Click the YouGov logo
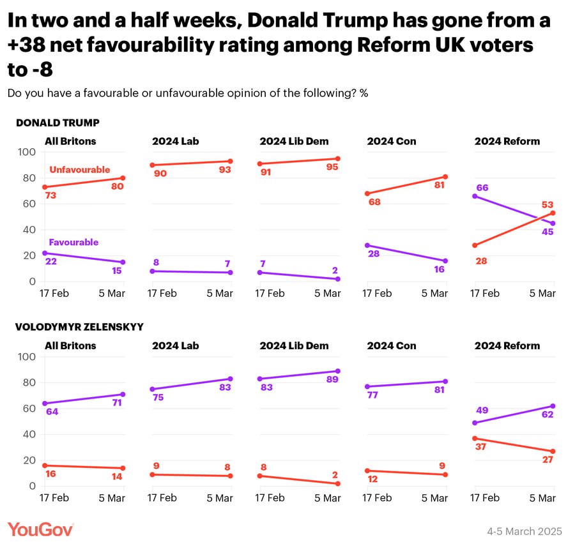pos(41,529)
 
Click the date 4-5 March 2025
pos(524,531)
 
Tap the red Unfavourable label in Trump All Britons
pos(79,170)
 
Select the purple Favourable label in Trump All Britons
pos(73,243)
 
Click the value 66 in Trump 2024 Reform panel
pos(484,187)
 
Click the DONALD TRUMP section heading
pos(57,123)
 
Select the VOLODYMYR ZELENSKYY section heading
pos(79,327)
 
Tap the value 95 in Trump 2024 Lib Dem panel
pos(333,167)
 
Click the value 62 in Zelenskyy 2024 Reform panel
pos(547,414)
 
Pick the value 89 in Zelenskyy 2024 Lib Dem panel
pos(333,380)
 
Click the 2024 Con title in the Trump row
pos(391,141)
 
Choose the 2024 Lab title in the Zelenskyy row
pos(175,345)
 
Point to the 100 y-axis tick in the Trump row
pos(27,152)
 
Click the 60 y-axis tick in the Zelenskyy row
pos(29,409)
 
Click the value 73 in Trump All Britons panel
pos(51,195)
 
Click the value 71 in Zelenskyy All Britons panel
pos(118,403)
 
